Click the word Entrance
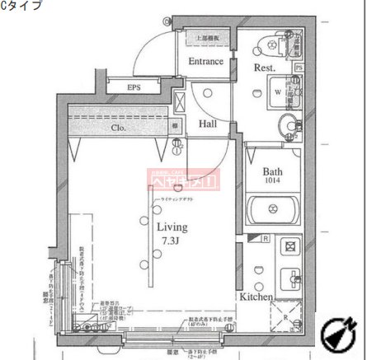(205, 62)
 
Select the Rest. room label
(264, 68)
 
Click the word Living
(172, 227)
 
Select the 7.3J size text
(172, 240)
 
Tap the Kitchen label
(256, 296)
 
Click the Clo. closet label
(119, 128)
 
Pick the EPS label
(134, 88)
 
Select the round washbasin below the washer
(285, 126)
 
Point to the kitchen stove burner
(290, 245)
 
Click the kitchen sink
(290, 278)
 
